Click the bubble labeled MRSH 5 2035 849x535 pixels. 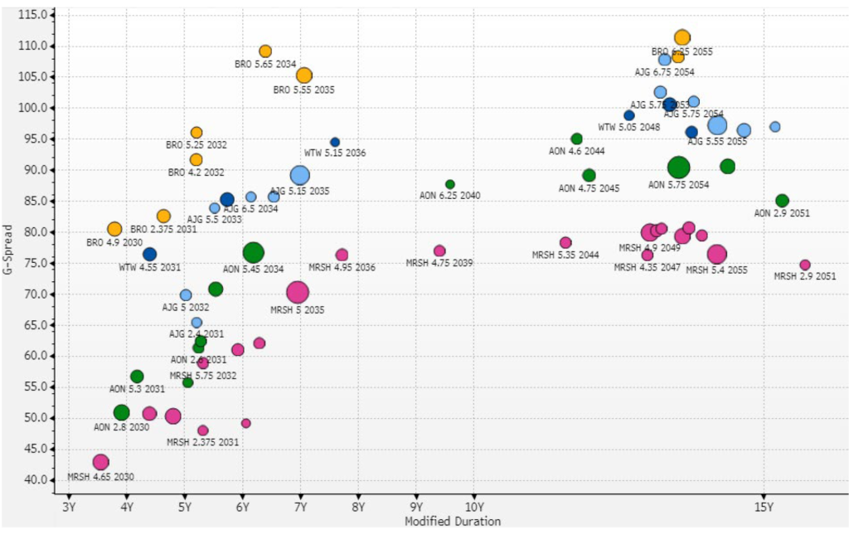click(298, 292)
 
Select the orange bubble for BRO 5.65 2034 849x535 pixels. click(265, 51)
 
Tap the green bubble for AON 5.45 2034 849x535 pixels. click(254, 253)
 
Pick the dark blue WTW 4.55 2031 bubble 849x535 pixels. click(150, 255)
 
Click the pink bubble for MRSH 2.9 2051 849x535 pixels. click(805, 265)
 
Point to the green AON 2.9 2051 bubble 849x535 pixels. click(782, 201)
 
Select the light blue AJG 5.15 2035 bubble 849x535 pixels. click(300, 175)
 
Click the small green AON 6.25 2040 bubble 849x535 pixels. click(450, 184)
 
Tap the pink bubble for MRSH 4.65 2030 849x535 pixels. click(101, 462)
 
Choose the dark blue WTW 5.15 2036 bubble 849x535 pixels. click(335, 143)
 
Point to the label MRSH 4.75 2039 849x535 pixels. click(439, 263)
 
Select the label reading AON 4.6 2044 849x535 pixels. click(577, 151)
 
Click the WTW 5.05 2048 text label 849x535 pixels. click(629, 128)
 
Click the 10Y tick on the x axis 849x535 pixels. click(473, 507)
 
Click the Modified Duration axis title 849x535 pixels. click(452, 522)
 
